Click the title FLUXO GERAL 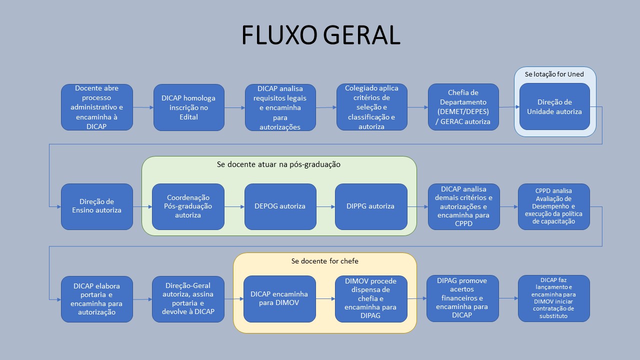point(320,35)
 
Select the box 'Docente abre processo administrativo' point(97,107)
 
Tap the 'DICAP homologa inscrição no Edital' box point(189,107)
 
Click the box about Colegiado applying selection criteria point(371,107)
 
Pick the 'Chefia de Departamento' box point(463,107)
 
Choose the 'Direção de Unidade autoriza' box point(554,106)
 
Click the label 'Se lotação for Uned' point(554,74)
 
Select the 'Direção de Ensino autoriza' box point(97,206)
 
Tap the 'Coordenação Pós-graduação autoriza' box point(188,206)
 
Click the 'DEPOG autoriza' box point(280,206)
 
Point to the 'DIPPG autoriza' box point(371,206)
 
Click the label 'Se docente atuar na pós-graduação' point(278,164)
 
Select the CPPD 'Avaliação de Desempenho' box point(554,206)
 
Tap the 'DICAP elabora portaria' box point(97,299)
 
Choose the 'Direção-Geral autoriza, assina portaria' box point(188,299)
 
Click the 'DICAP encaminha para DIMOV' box point(279,299)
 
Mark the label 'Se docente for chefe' point(324,261)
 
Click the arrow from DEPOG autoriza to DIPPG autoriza point(325,206)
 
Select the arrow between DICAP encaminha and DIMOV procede point(325,299)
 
